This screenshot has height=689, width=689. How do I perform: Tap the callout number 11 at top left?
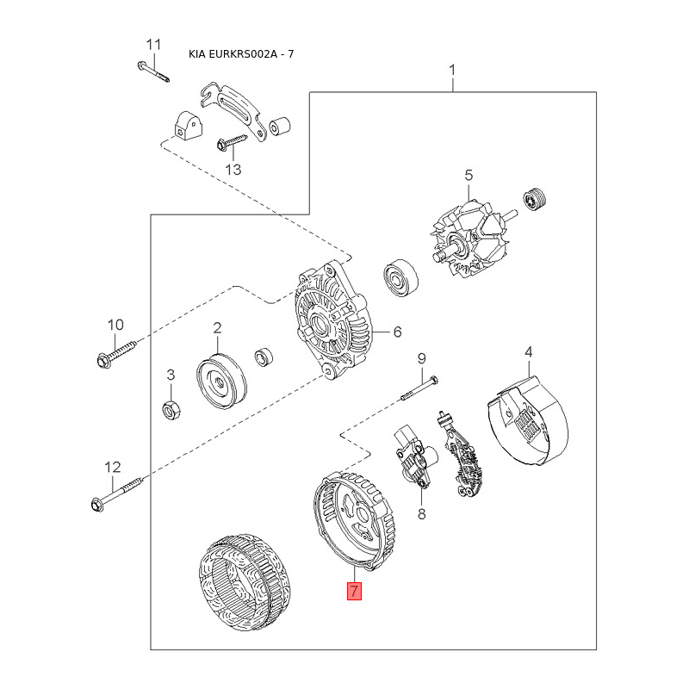click(x=153, y=44)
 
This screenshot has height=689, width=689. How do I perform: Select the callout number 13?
click(x=233, y=169)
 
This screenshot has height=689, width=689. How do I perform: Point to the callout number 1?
click(x=453, y=70)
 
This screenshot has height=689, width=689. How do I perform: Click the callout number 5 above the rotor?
click(x=469, y=176)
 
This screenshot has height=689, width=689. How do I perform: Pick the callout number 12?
click(x=113, y=468)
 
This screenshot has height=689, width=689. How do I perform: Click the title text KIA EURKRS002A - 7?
click(x=242, y=55)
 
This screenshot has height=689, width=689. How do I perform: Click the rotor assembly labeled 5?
click(x=469, y=238)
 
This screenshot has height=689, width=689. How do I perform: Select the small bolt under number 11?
click(x=153, y=70)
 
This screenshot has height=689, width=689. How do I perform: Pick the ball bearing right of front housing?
click(x=400, y=276)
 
